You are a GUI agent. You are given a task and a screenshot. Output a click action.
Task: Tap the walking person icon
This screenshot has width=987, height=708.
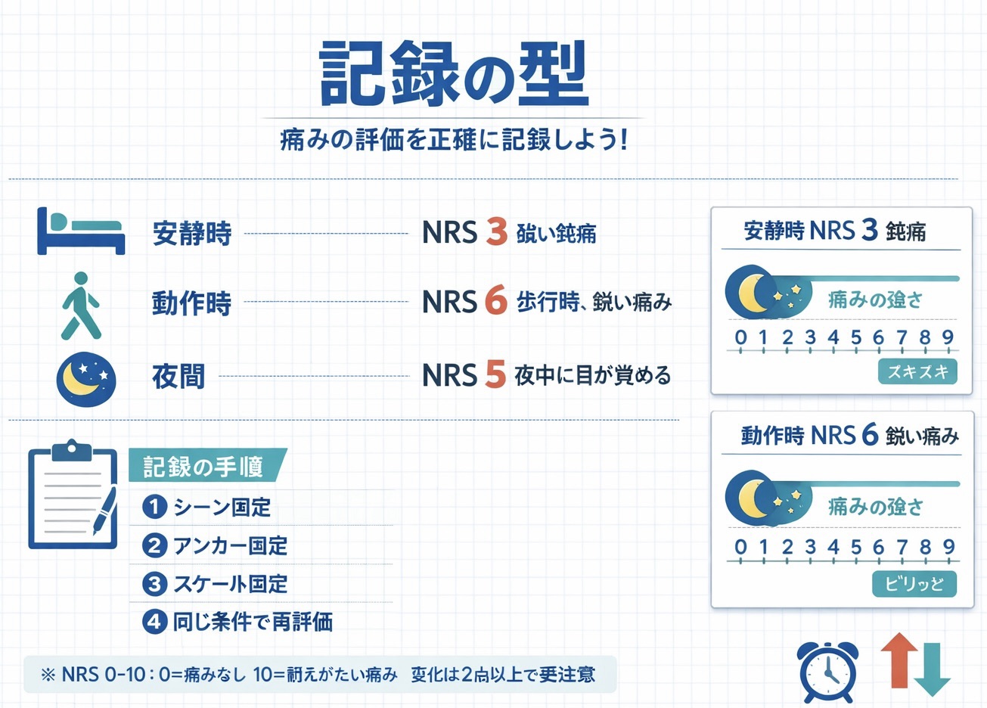click(81, 305)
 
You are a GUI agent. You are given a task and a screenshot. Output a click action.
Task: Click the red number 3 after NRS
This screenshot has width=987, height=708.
click(496, 231)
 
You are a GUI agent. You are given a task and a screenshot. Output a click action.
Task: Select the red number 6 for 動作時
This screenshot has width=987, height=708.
click(495, 301)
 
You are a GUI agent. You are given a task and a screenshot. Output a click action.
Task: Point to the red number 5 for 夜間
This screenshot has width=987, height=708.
click(495, 374)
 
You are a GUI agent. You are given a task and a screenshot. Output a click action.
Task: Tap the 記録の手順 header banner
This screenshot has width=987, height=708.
click(206, 466)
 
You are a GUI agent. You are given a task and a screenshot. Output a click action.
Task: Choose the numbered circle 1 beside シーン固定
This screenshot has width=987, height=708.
click(154, 507)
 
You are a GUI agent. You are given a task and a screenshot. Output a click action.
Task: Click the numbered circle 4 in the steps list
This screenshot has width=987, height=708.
click(154, 622)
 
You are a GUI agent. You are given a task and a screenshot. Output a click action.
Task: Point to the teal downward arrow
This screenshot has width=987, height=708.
click(932, 670)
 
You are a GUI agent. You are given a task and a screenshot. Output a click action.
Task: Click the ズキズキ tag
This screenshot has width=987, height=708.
click(917, 371)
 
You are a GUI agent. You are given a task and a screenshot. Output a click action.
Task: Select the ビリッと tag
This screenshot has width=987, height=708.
click(914, 584)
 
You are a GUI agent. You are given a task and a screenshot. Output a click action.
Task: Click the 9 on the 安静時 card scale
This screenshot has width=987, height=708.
click(948, 337)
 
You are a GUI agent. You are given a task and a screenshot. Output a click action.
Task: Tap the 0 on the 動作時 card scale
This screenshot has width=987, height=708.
click(740, 547)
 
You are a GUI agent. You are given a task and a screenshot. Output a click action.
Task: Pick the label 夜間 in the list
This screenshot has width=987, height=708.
click(178, 376)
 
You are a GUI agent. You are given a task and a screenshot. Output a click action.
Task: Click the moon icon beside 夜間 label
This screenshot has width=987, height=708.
click(86, 376)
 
